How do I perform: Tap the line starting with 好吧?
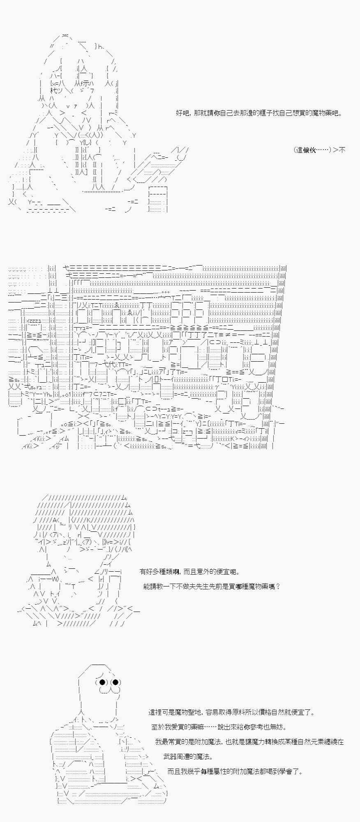click(x=259, y=113)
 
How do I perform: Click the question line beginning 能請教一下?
click(x=212, y=586)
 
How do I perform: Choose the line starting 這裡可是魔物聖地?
click(x=232, y=712)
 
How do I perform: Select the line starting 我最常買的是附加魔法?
click(x=249, y=742)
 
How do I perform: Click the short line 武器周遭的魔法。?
click(x=188, y=757)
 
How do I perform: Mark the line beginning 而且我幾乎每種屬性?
click(x=235, y=771)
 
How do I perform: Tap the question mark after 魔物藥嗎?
click(x=278, y=586)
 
